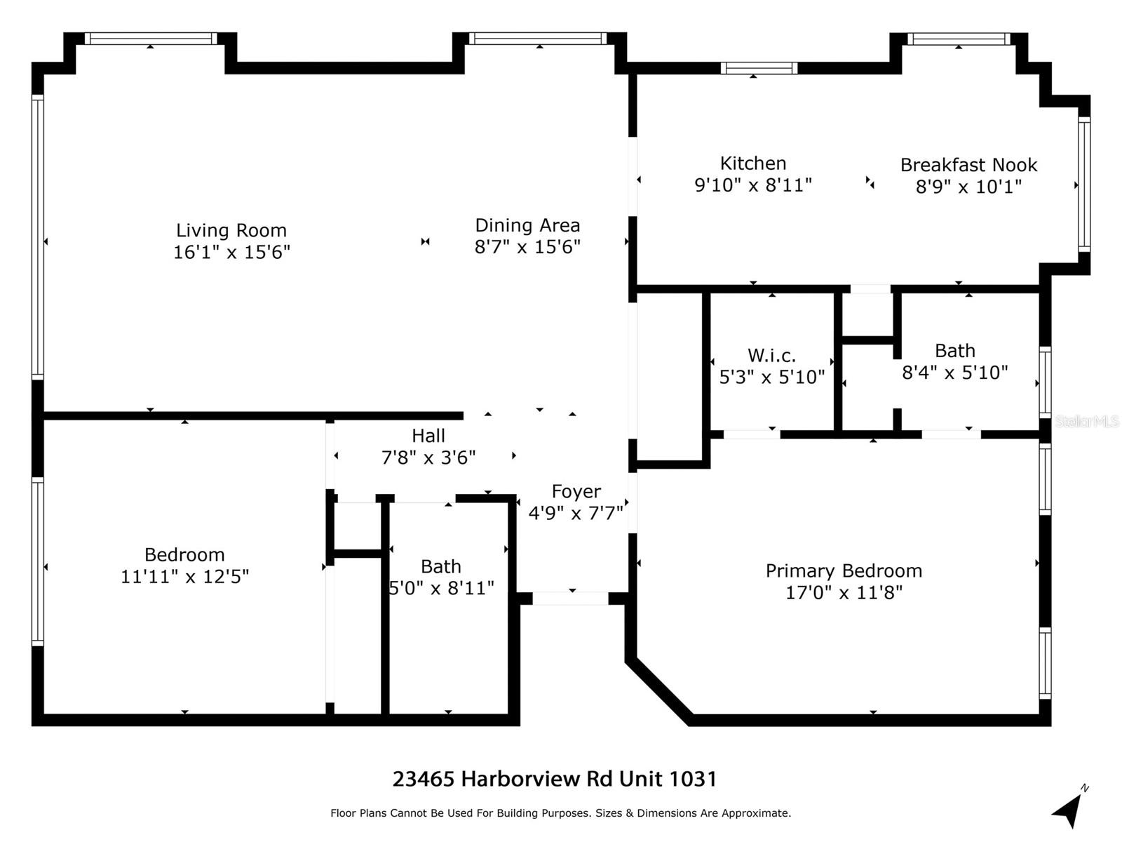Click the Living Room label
[x=231, y=231]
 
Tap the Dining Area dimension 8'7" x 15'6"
[x=527, y=247]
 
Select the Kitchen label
[x=753, y=163]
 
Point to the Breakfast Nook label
[x=968, y=165]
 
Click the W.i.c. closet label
[x=771, y=355]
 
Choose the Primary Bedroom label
[x=844, y=571]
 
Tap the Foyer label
[x=576, y=492]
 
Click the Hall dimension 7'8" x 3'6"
[x=428, y=457]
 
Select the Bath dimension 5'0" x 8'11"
[x=441, y=588]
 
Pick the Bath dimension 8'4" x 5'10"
[x=955, y=373]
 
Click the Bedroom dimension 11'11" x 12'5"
[x=184, y=577]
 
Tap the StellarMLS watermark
[x=1087, y=422]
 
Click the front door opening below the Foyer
[x=570, y=599]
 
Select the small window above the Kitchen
[x=759, y=68]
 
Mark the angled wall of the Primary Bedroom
[x=659, y=692]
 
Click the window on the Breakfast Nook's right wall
[x=1084, y=185]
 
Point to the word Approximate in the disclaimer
[x=755, y=813]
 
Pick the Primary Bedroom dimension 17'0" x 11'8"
[x=844, y=593]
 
